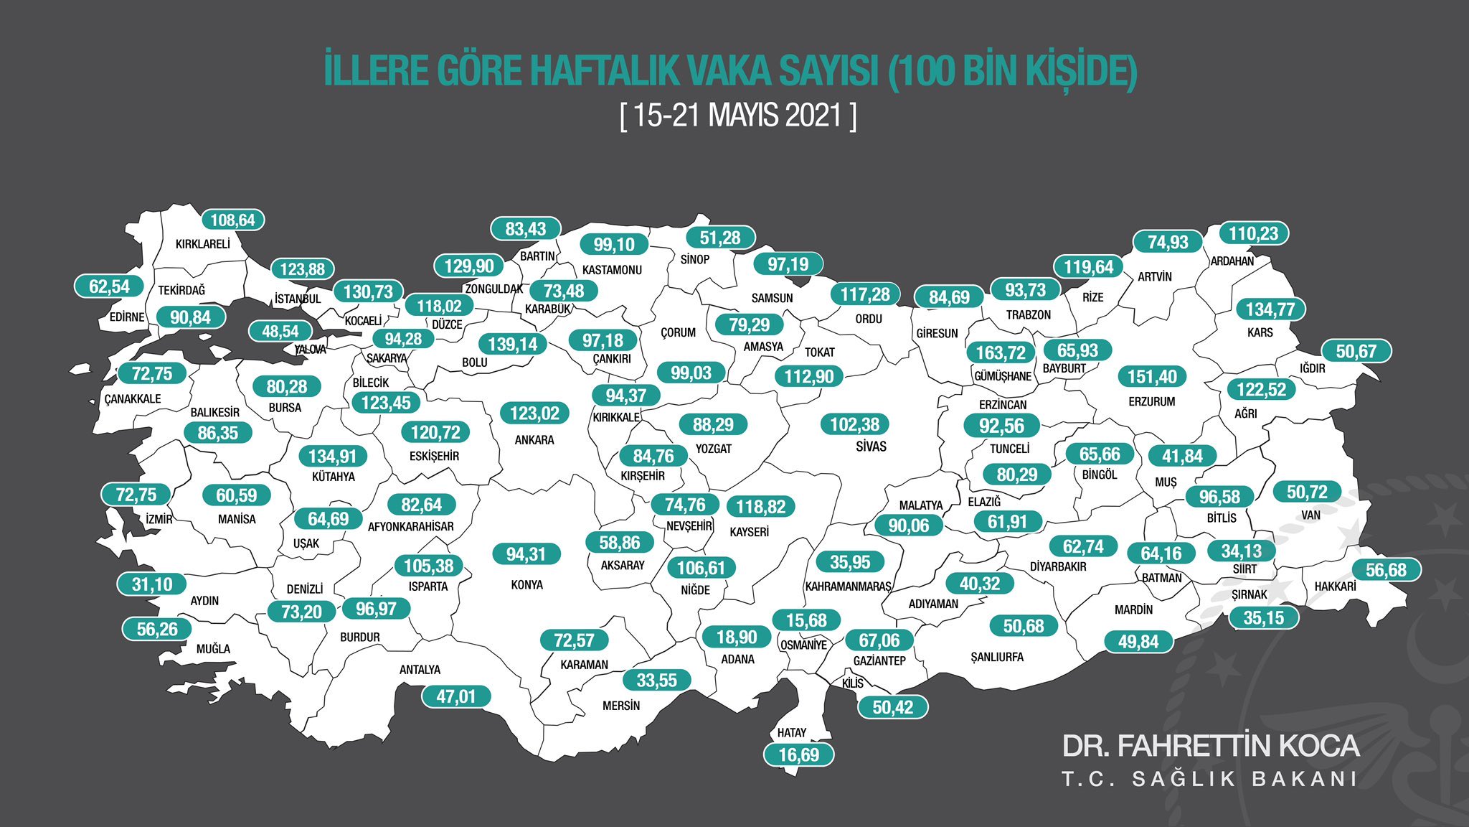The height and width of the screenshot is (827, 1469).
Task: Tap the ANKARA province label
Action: point(534,440)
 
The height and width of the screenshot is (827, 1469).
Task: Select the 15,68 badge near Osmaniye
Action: point(806,620)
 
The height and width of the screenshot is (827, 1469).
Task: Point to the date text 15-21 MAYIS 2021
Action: point(738,116)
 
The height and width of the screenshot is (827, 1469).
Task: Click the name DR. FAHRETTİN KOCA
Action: point(1210,746)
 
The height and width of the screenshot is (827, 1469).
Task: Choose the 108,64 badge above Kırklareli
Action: point(232,220)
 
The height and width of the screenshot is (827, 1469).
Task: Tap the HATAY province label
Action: point(792,733)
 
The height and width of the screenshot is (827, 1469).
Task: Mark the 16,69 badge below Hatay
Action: point(798,755)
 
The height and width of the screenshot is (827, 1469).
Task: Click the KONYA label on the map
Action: point(526,585)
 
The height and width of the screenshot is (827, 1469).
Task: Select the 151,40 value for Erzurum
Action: point(1152,376)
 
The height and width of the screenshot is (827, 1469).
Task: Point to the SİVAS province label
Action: point(871,447)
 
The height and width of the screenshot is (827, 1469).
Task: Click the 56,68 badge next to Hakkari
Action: point(1386,570)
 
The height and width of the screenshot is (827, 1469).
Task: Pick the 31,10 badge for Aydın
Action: point(152,584)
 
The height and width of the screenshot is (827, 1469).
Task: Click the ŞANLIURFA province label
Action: point(997,657)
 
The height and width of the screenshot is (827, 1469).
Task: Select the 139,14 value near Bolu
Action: point(512,345)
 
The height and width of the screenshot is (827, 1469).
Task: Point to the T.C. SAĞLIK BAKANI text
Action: point(1209,780)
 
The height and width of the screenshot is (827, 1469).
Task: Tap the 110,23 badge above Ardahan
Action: point(1253,233)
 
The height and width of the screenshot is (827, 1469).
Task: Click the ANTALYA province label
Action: point(420,670)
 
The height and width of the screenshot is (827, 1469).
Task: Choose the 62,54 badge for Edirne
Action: point(110,286)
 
